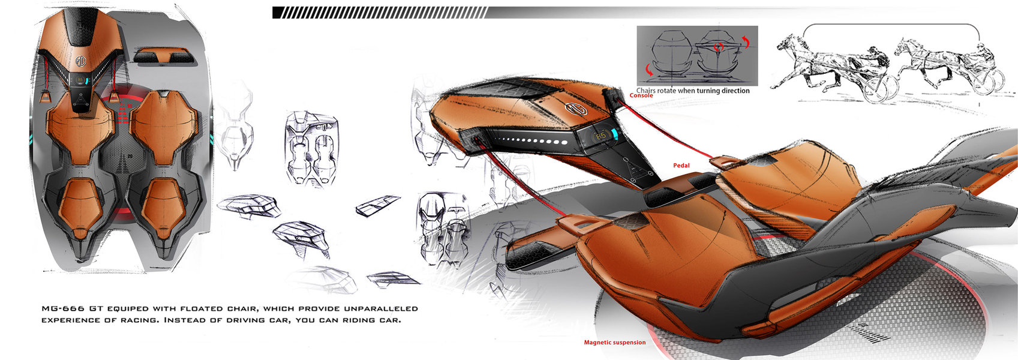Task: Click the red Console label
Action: click(x=641, y=95)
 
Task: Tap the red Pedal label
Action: click(x=681, y=166)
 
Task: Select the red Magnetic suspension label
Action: click(x=615, y=343)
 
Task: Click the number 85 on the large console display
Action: click(x=600, y=136)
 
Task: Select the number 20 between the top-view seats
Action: click(x=130, y=156)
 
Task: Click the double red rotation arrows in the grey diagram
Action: click(x=718, y=46)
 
